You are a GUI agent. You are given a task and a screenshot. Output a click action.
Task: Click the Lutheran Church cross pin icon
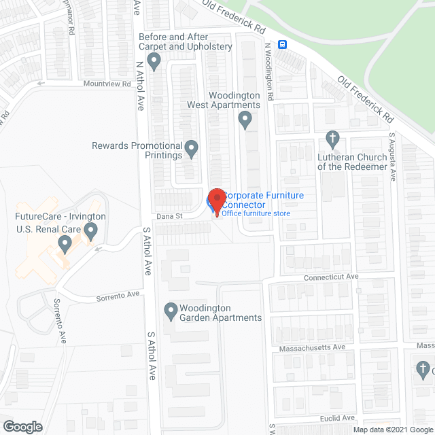(332, 139)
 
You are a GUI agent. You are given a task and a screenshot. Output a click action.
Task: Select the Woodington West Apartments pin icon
(245, 121)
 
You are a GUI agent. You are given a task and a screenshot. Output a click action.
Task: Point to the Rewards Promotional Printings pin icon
(192, 147)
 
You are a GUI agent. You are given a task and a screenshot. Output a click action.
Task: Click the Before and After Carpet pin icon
(154, 63)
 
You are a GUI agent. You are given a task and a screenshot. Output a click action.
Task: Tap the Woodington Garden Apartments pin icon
(171, 312)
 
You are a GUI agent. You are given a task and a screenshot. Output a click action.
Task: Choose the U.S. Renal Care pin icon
(65, 242)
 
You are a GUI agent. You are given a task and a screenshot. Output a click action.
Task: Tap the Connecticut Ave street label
(331, 277)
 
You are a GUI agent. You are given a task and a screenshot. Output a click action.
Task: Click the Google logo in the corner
(22, 427)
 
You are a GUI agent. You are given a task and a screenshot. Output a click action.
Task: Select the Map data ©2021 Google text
(391, 430)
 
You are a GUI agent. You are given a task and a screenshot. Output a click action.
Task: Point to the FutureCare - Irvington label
(61, 217)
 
